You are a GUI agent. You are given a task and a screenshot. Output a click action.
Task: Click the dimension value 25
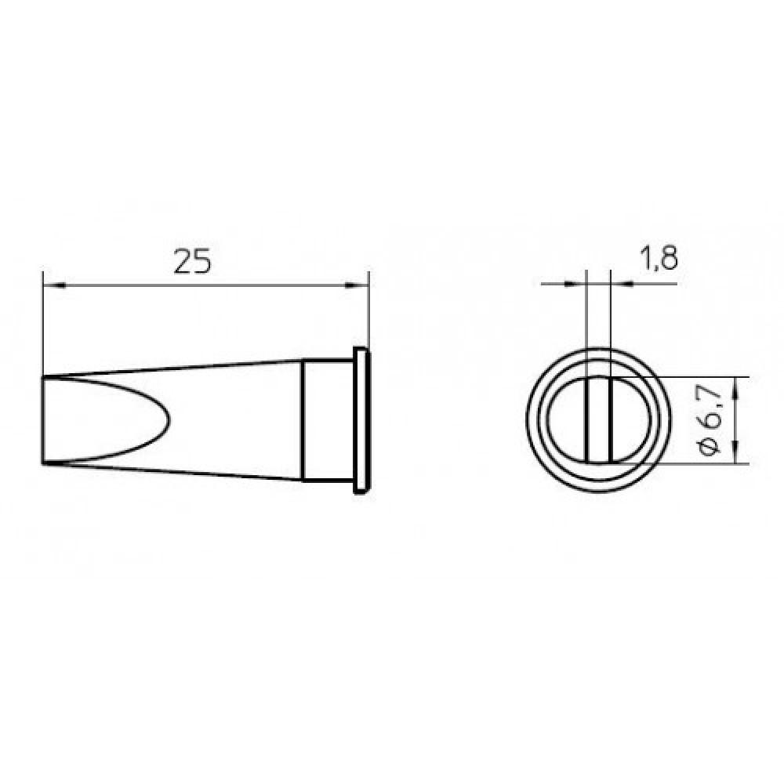[x=193, y=262]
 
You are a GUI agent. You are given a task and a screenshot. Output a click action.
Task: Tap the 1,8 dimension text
[x=659, y=258]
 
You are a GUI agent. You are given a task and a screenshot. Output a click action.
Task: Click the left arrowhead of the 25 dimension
[x=54, y=285]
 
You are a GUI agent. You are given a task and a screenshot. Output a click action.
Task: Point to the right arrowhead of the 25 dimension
[x=358, y=285]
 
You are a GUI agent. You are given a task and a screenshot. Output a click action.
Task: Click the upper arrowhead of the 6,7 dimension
[x=735, y=389]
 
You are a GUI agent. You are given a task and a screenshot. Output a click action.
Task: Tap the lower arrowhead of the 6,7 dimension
[x=735, y=452]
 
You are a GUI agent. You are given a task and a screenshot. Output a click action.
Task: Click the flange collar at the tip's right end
[x=362, y=420]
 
